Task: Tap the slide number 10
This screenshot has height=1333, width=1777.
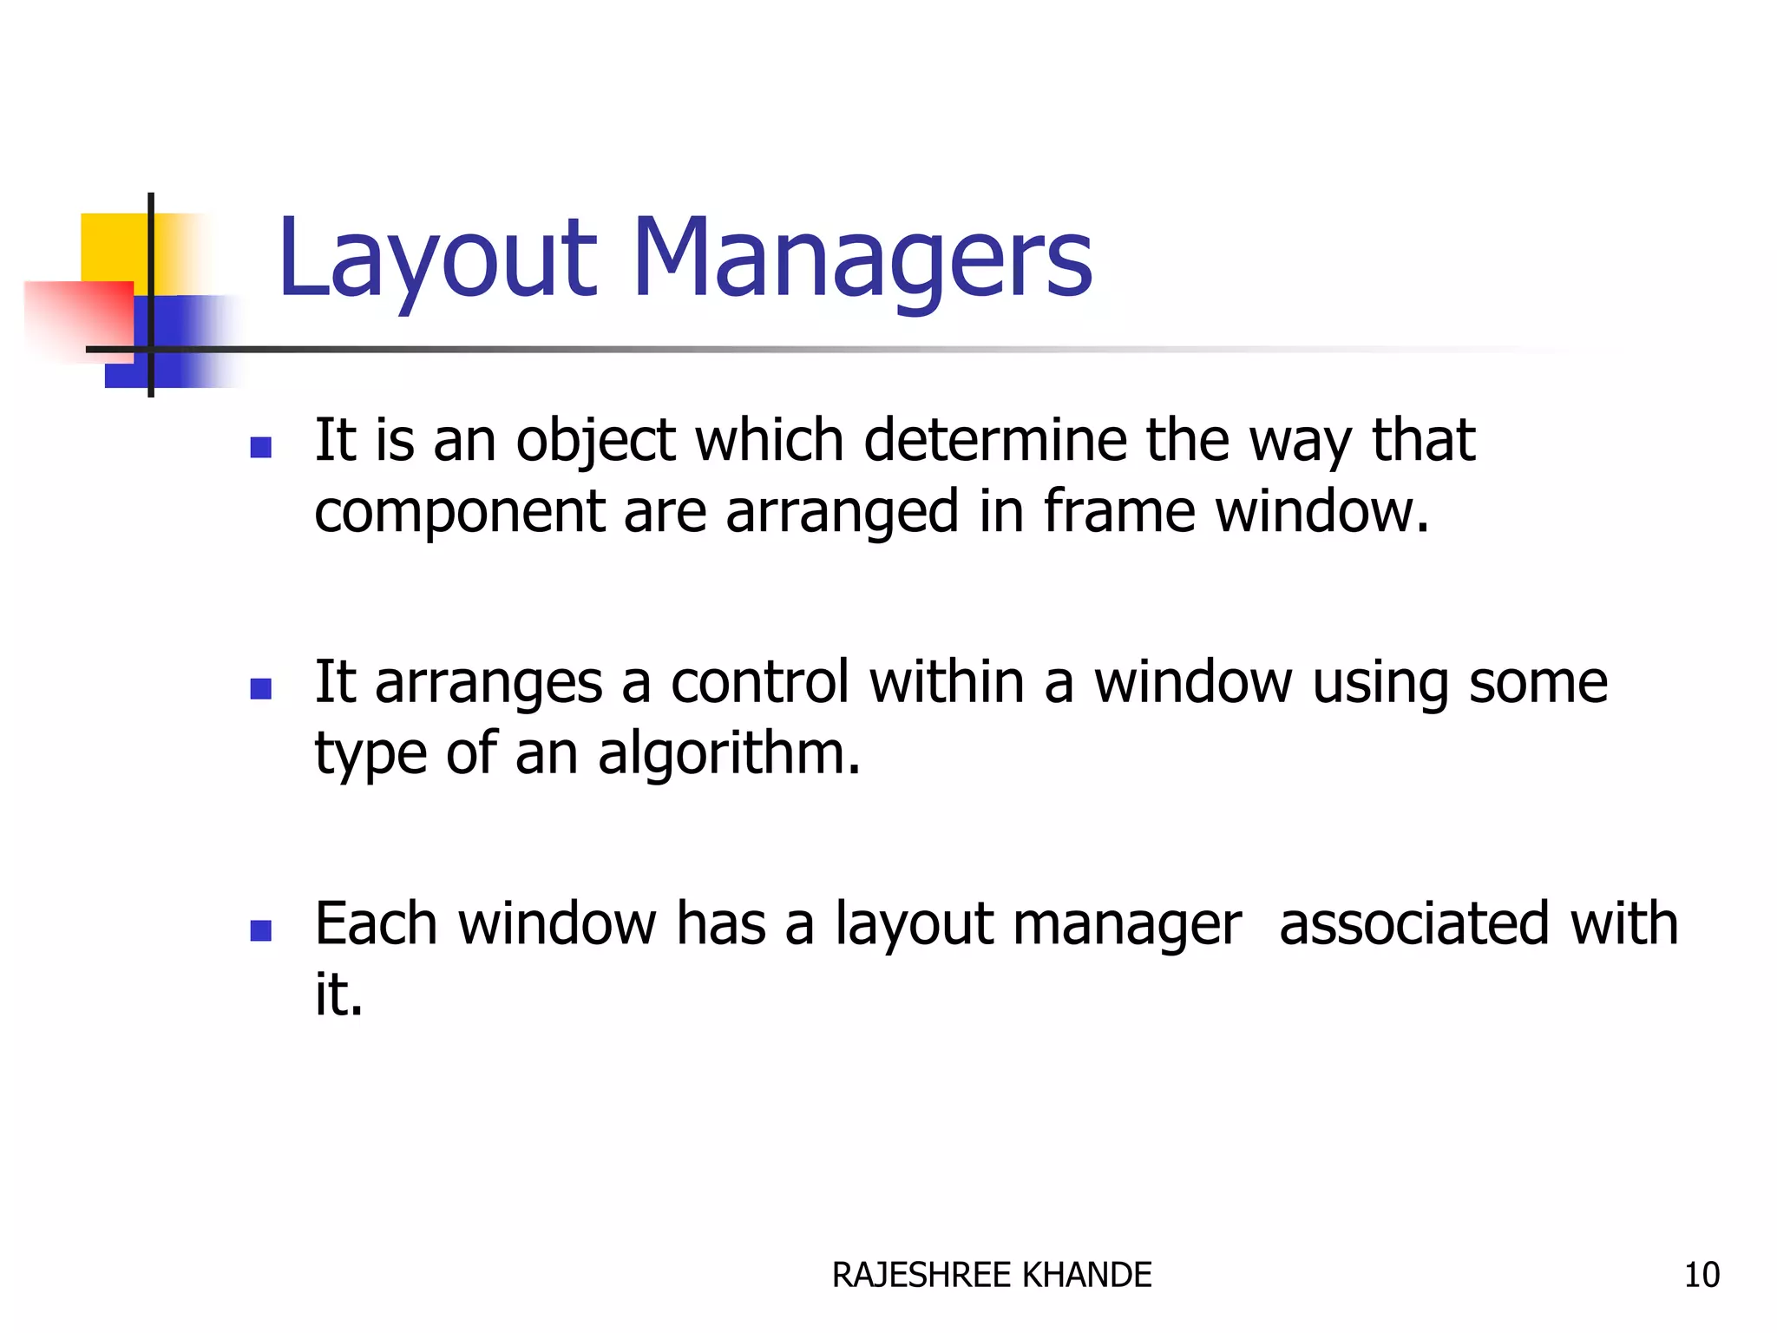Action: pos(1702,1275)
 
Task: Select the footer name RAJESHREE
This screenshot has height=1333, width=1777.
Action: pos(922,1275)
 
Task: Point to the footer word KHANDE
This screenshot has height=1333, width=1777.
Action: pos(1087,1275)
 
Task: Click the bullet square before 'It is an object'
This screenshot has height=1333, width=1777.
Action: pos(260,447)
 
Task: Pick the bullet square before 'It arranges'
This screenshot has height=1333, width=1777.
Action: pos(260,688)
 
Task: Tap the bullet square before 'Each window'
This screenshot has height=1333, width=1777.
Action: pos(260,930)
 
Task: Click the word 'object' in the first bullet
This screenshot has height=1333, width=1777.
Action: pos(595,441)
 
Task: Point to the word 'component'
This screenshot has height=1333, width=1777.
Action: pos(459,512)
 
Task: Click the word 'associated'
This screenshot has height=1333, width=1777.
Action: pos(1414,923)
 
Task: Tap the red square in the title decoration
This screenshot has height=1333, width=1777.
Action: pos(78,317)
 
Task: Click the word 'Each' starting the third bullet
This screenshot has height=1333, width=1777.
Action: pos(376,923)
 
